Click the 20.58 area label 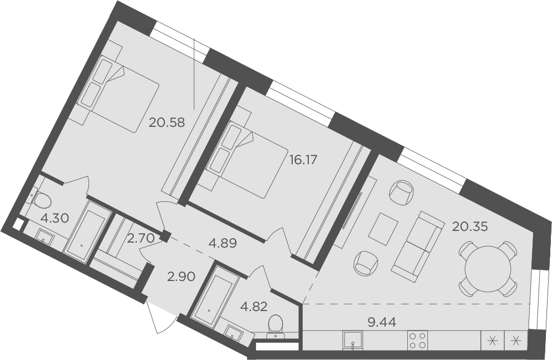[166, 122]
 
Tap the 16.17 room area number [303, 160]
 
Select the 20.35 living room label [470, 227]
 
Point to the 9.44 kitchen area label [382, 321]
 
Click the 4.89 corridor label [223, 243]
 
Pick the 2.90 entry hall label [181, 277]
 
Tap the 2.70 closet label [141, 239]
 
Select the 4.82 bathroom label [254, 307]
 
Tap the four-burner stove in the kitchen [417, 340]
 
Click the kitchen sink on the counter [353, 341]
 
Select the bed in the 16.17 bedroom [247, 160]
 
